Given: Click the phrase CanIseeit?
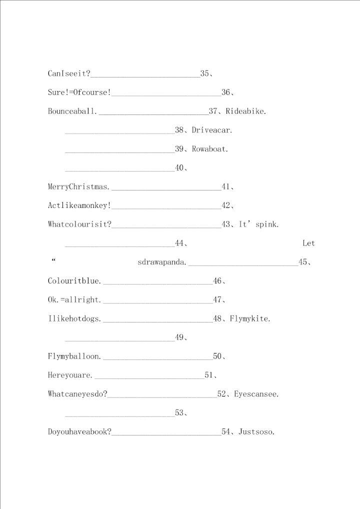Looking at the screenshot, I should pyautogui.click(x=69, y=73).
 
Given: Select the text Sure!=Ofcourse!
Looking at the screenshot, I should pyautogui.click(x=79, y=92).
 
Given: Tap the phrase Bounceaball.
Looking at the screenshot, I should pyautogui.click(x=73, y=111).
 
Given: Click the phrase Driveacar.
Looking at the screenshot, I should pyautogui.click(x=212, y=130).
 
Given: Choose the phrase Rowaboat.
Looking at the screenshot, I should pyautogui.click(x=210, y=149).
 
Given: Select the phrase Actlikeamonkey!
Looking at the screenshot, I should pyautogui.click(x=79, y=205).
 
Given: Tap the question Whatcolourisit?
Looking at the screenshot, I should pyautogui.click(x=79, y=224).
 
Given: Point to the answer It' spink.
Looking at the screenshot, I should pyautogui.click(x=259, y=224).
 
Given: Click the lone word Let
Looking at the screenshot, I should pyautogui.click(x=308, y=243).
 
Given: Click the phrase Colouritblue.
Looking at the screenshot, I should pyautogui.click(x=75, y=281).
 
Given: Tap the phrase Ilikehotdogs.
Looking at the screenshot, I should pyautogui.click(x=75, y=318).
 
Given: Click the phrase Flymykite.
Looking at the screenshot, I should pyautogui.click(x=250, y=318).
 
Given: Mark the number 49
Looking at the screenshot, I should pyautogui.click(x=179, y=337).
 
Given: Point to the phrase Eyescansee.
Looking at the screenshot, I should pyautogui.click(x=256, y=394).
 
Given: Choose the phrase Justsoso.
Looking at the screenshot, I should pyautogui.click(x=256, y=431).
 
